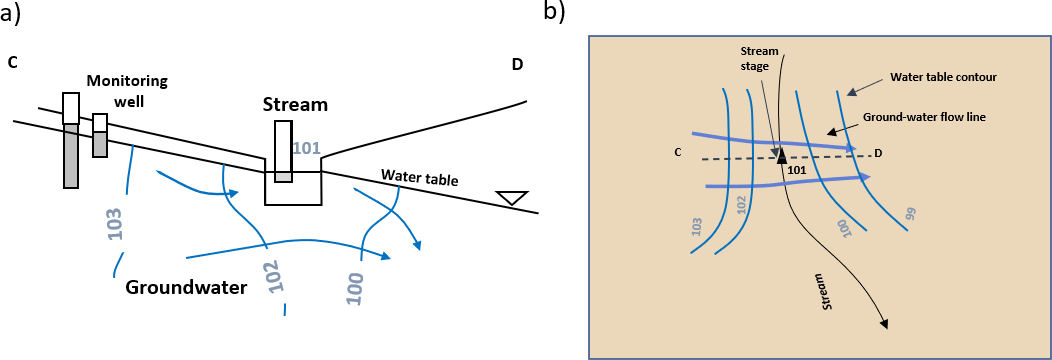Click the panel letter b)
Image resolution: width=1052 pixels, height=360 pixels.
(555, 11)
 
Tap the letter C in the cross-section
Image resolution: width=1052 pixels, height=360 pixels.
(13, 64)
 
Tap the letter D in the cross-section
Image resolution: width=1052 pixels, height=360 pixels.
(517, 65)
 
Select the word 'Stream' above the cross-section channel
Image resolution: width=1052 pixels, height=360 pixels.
(295, 104)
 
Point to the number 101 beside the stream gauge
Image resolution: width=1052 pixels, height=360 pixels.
(307, 149)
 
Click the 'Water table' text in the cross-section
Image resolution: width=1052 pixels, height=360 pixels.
(419, 179)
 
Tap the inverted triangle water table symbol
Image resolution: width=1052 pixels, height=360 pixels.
(512, 198)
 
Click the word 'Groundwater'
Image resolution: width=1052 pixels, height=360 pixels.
(186, 288)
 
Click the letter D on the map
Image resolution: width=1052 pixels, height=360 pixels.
(878, 152)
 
